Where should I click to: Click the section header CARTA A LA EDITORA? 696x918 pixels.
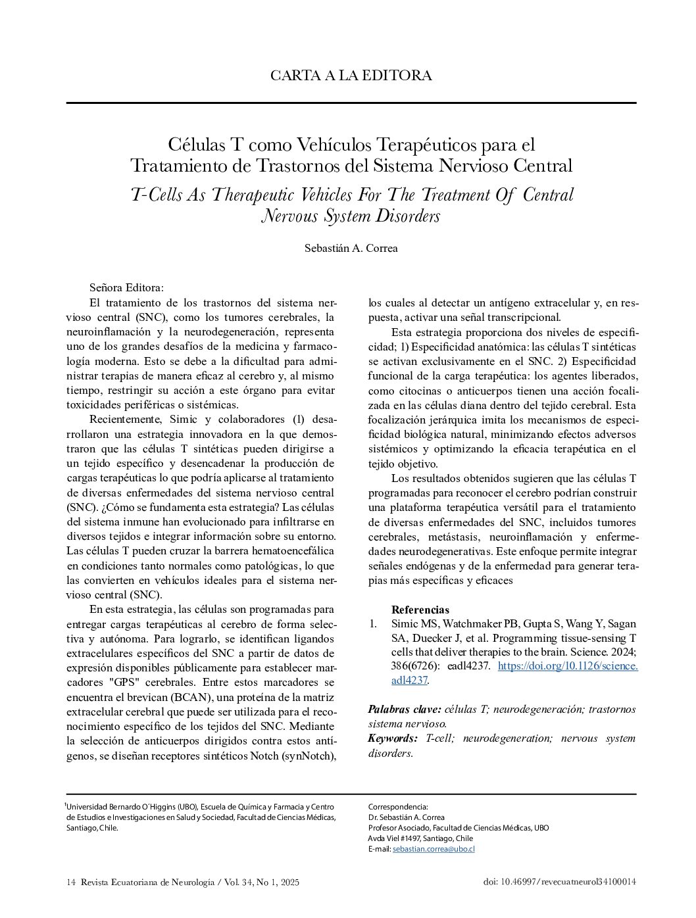(x=351, y=76)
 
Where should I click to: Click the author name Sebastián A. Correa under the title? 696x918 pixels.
(x=351, y=249)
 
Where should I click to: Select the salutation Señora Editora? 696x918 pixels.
(x=126, y=288)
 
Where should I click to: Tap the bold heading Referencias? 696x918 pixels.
(x=420, y=610)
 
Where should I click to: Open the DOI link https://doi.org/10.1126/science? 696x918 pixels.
(x=568, y=666)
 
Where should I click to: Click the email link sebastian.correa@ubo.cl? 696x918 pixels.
(x=434, y=849)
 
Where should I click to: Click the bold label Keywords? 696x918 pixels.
(x=392, y=738)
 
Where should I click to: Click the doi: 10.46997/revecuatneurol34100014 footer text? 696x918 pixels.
(x=559, y=882)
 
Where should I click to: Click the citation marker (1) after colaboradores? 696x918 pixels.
(x=298, y=420)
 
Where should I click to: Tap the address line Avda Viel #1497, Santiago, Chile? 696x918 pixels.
(x=420, y=838)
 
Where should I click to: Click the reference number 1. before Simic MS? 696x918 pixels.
(x=374, y=623)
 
